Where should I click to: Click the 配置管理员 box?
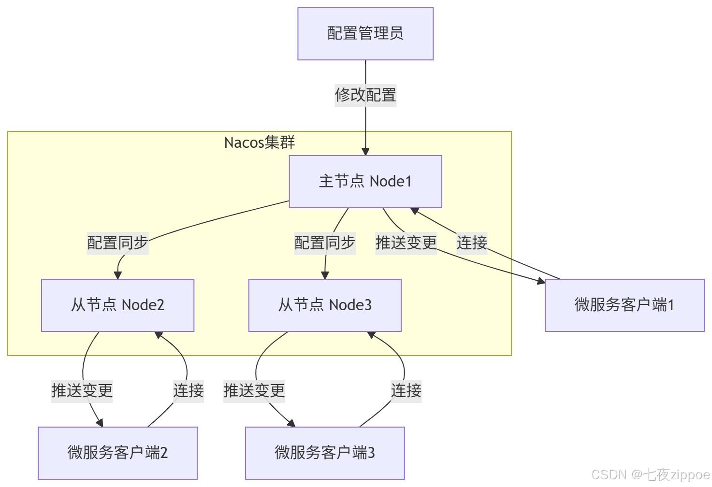pyautogui.click(x=365, y=34)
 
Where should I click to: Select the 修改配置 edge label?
pyautogui.click(x=365, y=95)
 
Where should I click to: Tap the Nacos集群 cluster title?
pyautogui.click(x=260, y=143)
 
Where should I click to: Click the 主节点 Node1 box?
pyautogui.click(x=365, y=182)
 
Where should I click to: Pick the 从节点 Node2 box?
pyautogui.click(x=117, y=305)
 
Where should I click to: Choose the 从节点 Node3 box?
pyautogui.click(x=325, y=305)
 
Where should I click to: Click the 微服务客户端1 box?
pyautogui.click(x=624, y=305)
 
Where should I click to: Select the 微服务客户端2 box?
pyautogui.click(x=117, y=453)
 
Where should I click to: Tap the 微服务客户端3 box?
pyautogui.click(x=325, y=453)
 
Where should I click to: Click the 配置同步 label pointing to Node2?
pyautogui.click(x=117, y=243)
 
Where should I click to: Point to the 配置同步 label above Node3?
pyautogui.click(x=325, y=243)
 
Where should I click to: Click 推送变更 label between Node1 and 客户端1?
pyautogui.click(x=406, y=243)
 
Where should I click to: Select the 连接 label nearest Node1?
pyautogui.click(x=472, y=243)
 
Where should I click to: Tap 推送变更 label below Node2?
pyautogui.click(x=82, y=390)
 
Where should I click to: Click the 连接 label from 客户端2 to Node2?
pyautogui.click(x=189, y=390)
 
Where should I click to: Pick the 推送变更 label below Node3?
pyautogui.click(x=254, y=390)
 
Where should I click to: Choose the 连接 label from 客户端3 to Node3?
pyautogui.click(x=406, y=390)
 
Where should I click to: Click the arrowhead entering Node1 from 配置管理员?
pyautogui.click(x=365, y=152)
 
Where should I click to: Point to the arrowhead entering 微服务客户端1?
pyautogui.click(x=541, y=281)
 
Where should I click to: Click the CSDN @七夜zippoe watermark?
pyautogui.click(x=650, y=474)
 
